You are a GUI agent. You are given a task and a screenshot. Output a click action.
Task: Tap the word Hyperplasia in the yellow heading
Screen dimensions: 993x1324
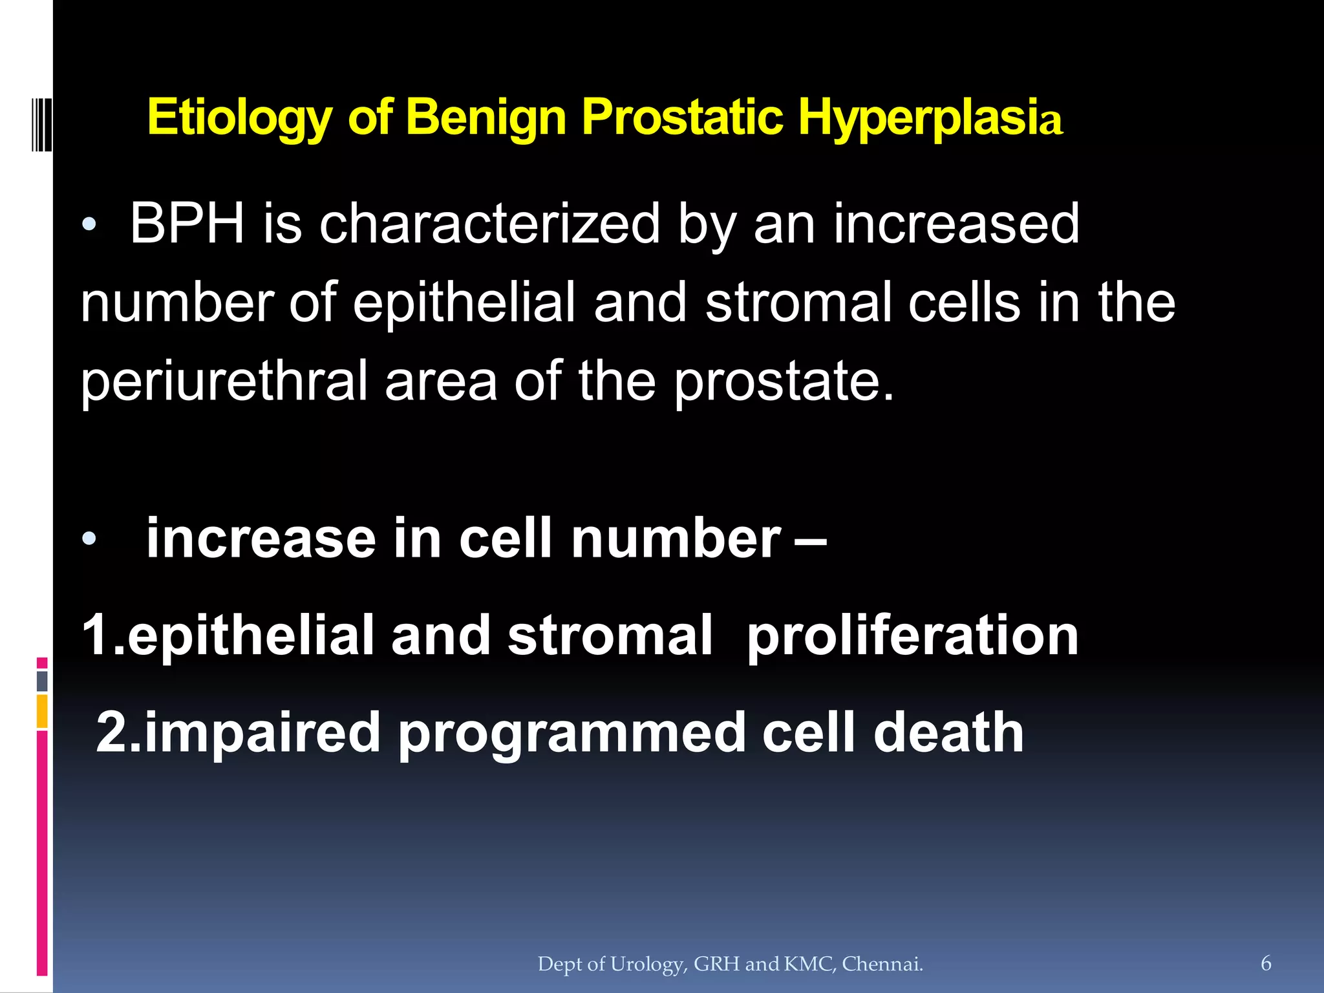(930, 118)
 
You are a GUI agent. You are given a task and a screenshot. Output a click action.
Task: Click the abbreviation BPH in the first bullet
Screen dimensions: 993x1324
(187, 224)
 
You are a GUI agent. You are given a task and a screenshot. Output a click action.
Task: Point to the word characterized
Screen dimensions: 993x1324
(489, 224)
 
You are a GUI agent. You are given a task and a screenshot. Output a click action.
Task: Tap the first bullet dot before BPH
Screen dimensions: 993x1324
(89, 225)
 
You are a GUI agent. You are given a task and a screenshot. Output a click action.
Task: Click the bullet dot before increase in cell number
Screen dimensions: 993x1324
(89, 538)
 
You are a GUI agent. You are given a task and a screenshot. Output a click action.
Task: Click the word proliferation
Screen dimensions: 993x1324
(913, 635)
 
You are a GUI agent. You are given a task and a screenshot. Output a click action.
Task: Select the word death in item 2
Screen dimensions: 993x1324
(948, 732)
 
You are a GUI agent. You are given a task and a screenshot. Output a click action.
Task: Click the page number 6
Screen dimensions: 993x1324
(1266, 963)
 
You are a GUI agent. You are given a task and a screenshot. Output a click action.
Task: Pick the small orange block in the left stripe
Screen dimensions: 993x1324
(42, 711)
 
